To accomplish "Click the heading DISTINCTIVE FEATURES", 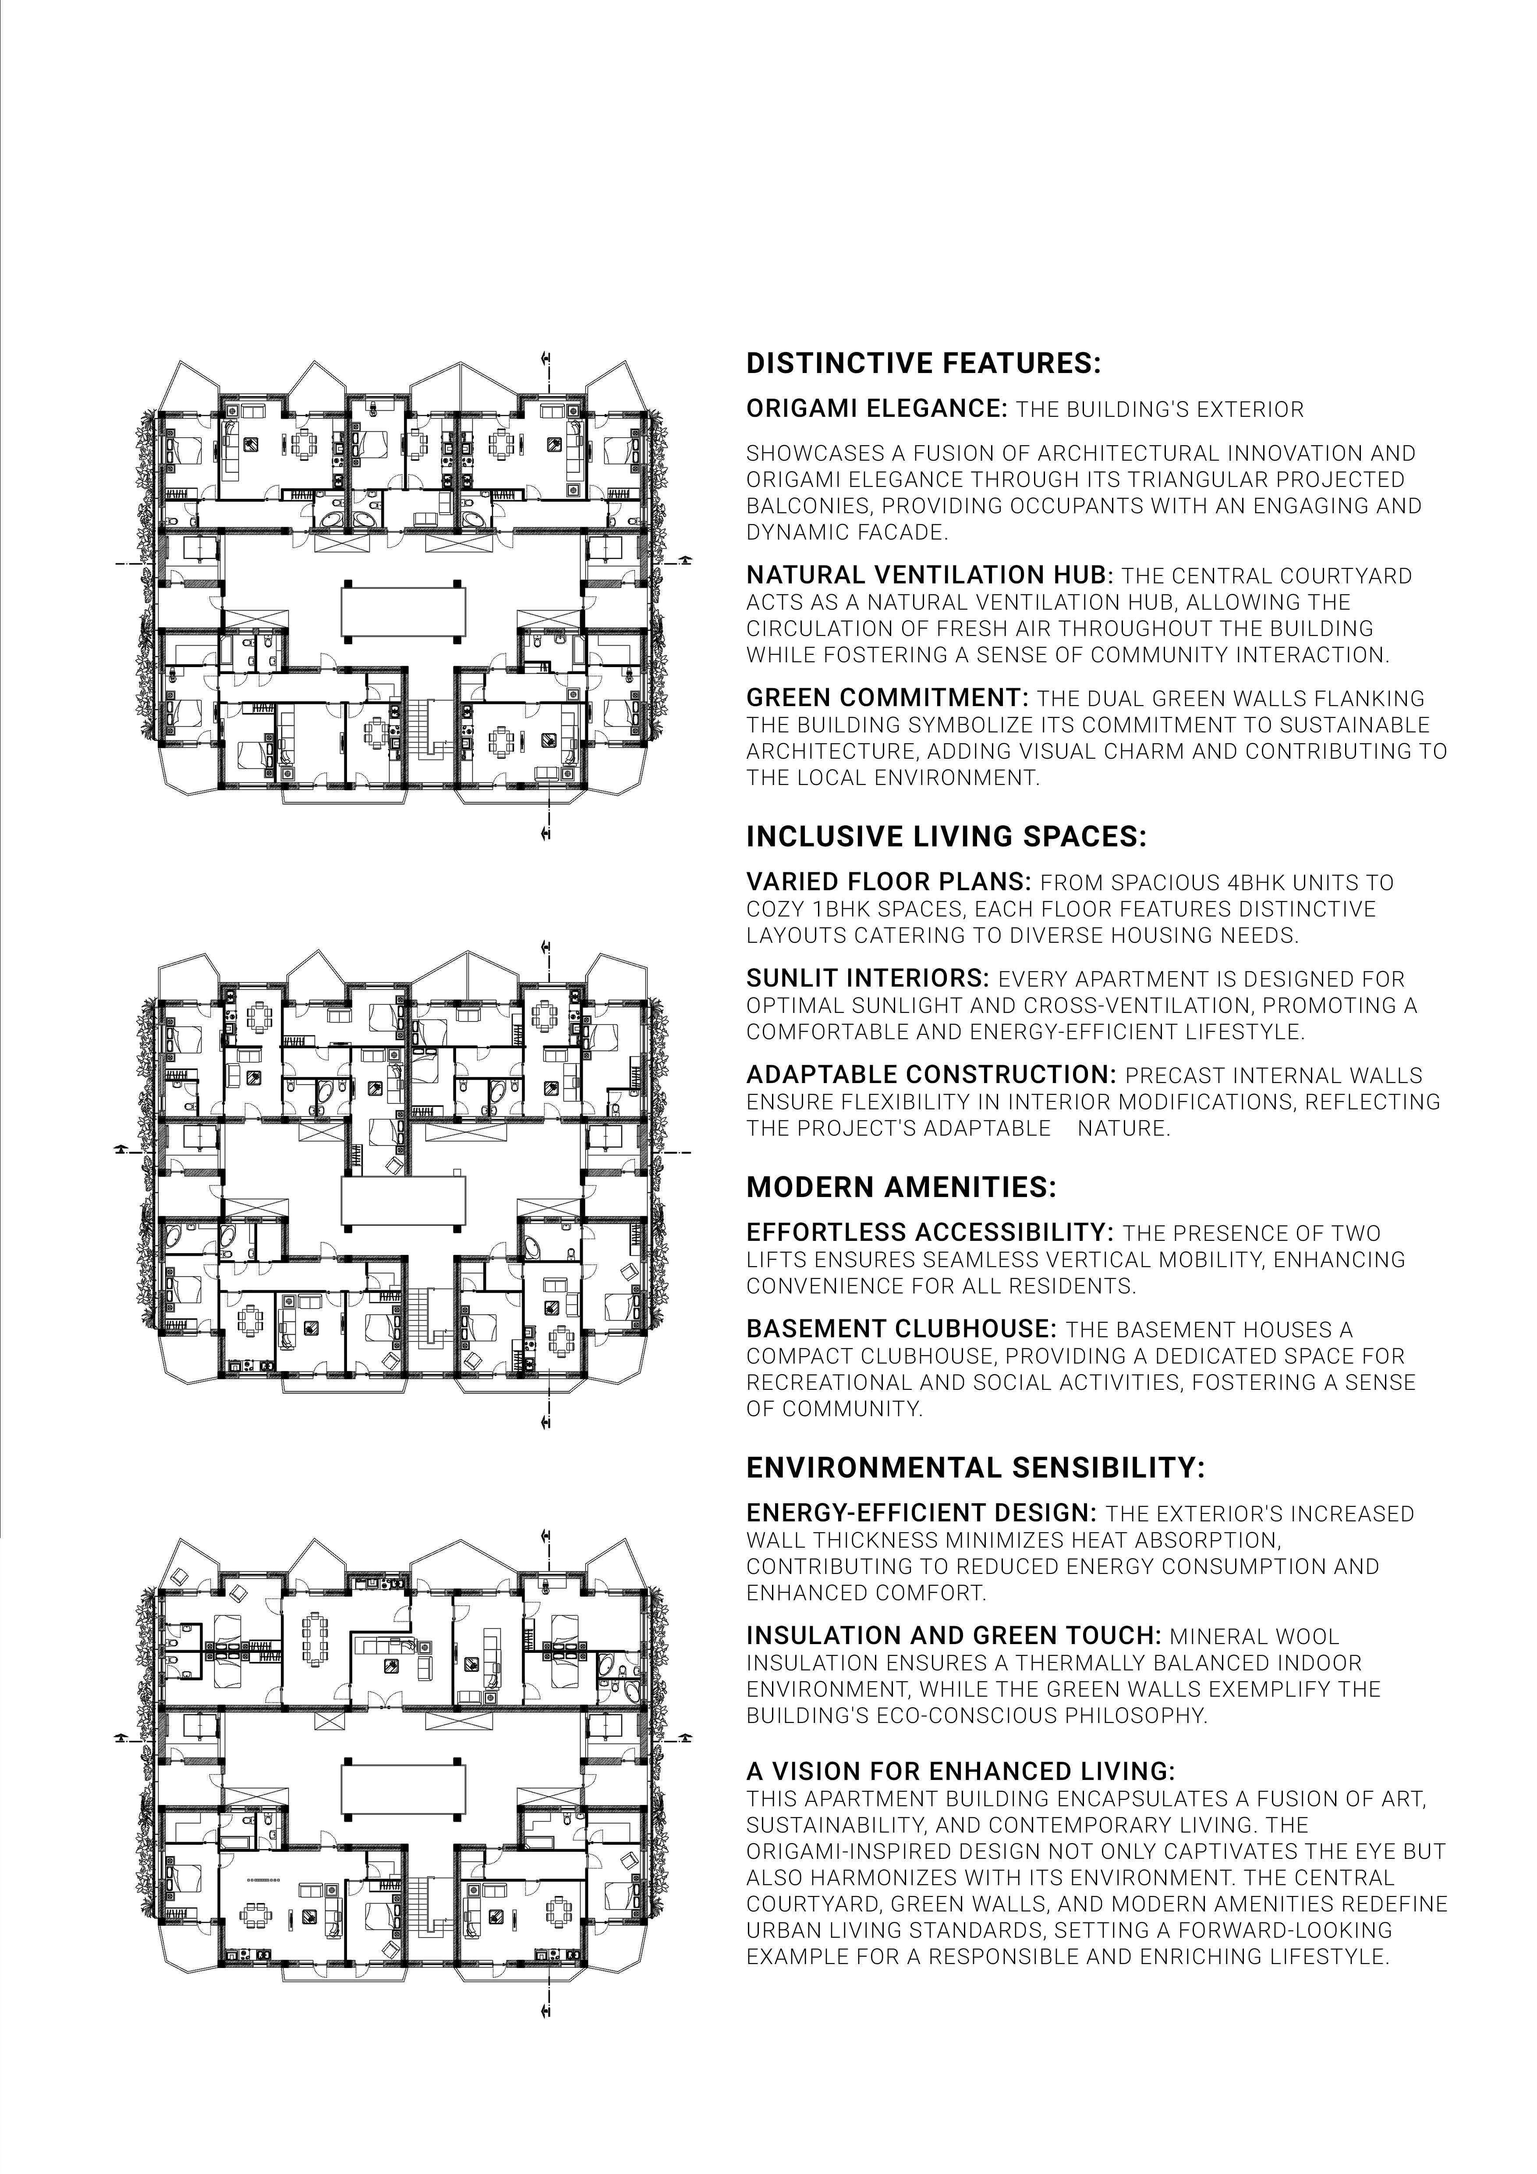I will click(x=924, y=364).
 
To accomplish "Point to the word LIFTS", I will click(x=773, y=1259).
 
